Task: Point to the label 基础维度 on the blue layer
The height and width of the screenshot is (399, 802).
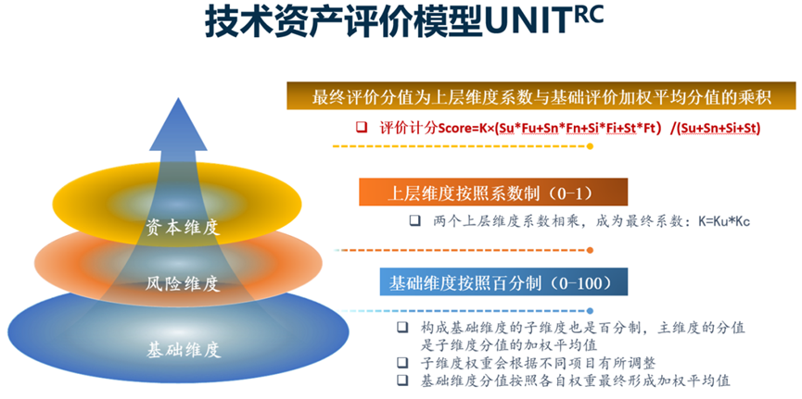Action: pos(183,350)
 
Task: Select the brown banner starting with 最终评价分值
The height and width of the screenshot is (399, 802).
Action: pos(541,98)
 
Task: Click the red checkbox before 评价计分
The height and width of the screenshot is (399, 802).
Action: pos(362,126)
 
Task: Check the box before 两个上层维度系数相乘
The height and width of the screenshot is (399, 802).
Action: pos(414,221)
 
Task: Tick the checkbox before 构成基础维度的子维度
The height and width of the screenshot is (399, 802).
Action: pos(401,328)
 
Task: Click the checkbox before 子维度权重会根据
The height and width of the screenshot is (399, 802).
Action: pos(401,362)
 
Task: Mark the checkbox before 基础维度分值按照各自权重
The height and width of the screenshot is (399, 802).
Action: pos(401,380)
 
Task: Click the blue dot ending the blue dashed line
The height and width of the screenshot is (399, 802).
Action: pos(591,311)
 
